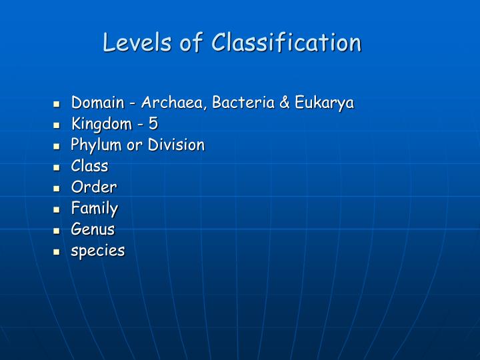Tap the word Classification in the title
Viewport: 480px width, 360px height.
(x=287, y=43)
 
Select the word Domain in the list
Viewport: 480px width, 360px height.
(x=98, y=103)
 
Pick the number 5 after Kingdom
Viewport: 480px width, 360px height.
(x=153, y=124)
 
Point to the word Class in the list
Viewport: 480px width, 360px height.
(x=89, y=166)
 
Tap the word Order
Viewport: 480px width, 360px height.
(x=94, y=187)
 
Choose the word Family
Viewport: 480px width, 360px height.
(x=95, y=209)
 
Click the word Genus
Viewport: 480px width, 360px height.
(x=93, y=229)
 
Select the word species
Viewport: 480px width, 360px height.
(x=98, y=251)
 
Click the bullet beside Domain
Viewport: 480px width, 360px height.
(x=58, y=104)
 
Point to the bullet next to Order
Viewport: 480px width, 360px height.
(x=58, y=188)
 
